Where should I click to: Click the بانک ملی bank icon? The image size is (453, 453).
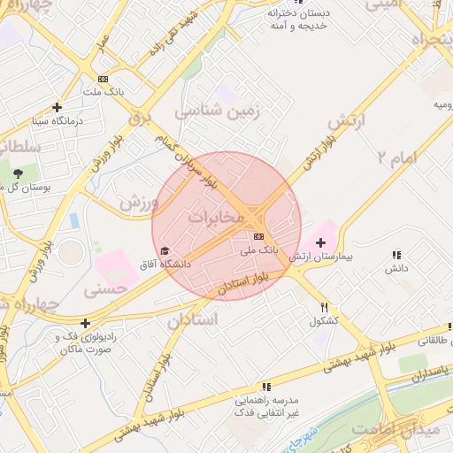258,236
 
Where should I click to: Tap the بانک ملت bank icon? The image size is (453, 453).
104,79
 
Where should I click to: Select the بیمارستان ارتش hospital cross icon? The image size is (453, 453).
319,242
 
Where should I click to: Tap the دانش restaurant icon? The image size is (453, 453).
395,255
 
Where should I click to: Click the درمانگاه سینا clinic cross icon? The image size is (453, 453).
57,106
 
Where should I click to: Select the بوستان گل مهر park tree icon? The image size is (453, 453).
19,173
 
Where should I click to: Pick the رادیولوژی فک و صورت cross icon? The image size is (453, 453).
85,323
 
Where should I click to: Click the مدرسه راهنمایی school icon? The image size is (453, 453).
265,386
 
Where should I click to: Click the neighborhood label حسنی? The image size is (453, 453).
107,288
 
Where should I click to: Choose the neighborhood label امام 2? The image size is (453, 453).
395,158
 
